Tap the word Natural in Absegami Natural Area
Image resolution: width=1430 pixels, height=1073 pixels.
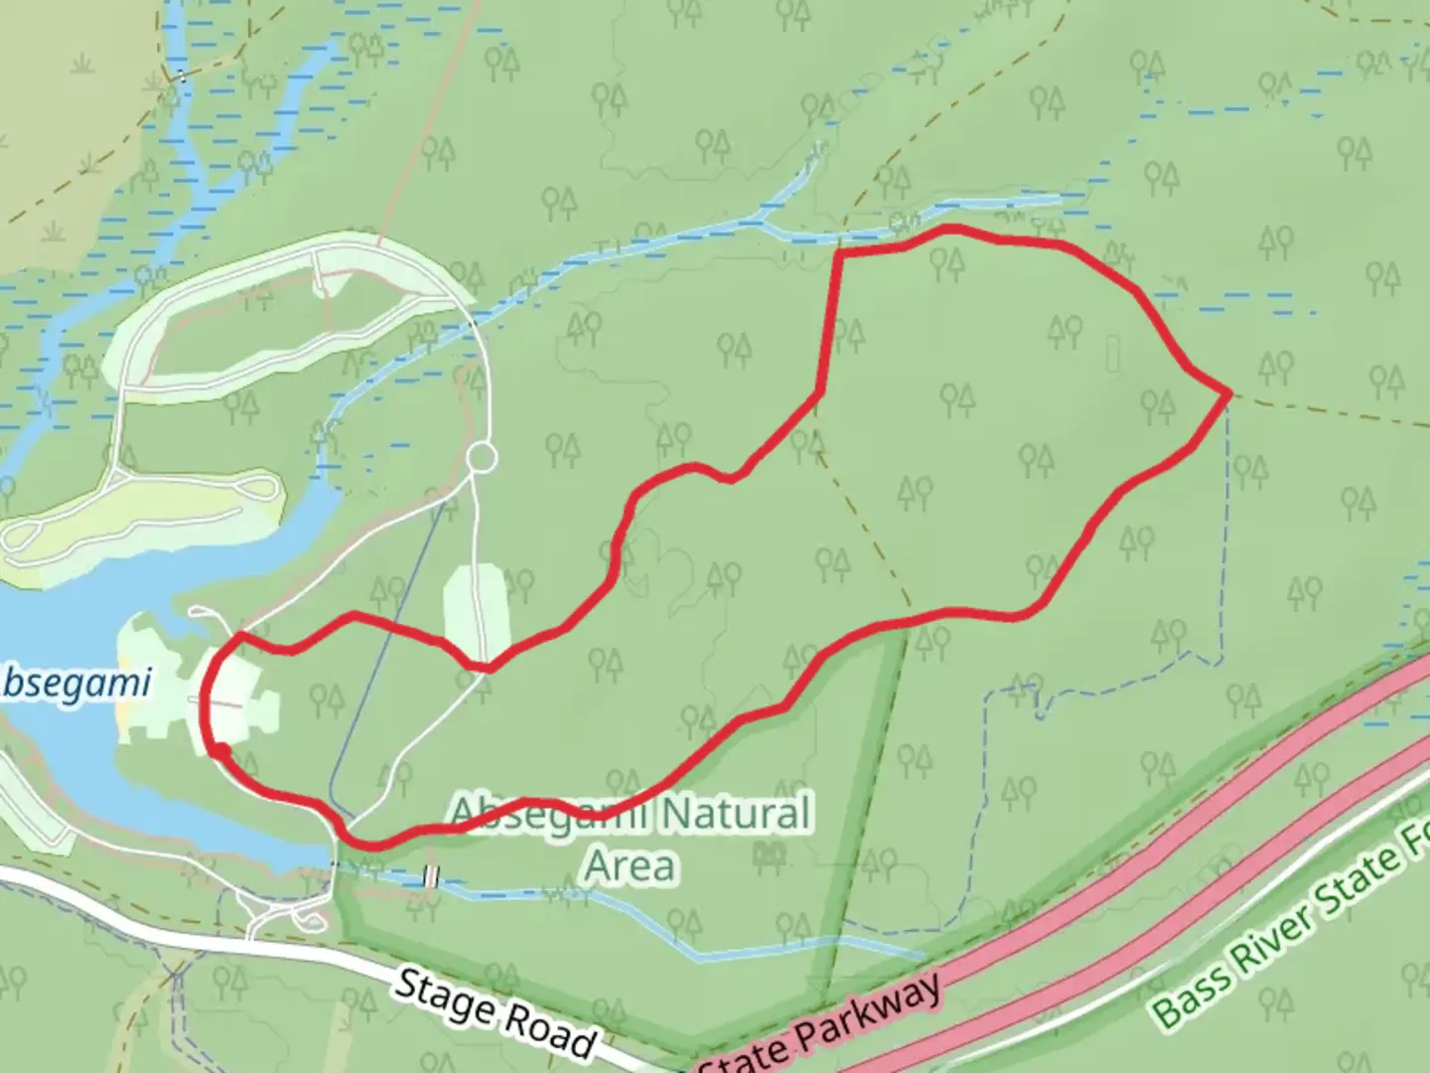click(735, 815)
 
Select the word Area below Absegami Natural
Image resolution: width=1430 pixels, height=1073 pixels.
click(631, 866)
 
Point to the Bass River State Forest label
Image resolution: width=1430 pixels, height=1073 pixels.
click(1291, 928)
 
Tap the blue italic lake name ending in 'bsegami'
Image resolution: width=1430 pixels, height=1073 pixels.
click(75, 683)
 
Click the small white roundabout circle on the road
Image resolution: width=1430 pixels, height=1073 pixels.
click(482, 457)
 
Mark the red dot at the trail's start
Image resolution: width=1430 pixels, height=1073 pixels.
click(220, 752)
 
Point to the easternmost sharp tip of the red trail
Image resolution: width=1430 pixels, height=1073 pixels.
click(1230, 393)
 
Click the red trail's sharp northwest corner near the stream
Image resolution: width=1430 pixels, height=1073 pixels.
click(840, 254)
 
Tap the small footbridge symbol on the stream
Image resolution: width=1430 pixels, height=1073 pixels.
click(431, 876)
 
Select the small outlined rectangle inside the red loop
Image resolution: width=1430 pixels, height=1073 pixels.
click(1113, 353)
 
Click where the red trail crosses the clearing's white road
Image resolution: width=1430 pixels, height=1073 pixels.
click(485, 667)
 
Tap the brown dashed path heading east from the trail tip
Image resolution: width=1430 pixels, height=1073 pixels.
click(1331, 409)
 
